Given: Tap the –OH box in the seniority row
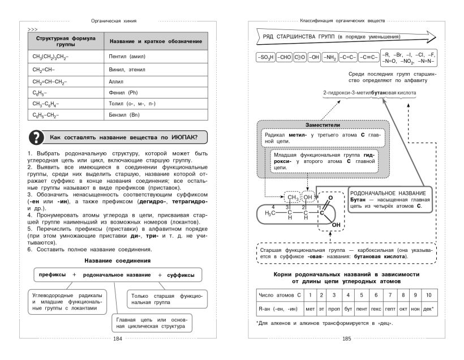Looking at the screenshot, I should (x=313, y=58).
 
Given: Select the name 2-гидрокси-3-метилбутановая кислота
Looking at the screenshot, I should (x=370, y=92).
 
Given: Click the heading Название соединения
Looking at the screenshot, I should (x=118, y=260).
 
